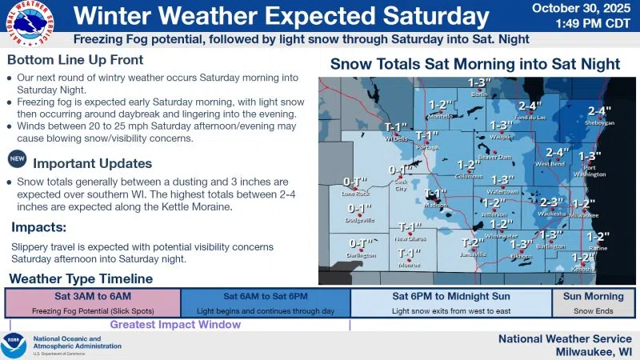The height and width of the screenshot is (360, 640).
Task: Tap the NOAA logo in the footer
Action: (14, 345)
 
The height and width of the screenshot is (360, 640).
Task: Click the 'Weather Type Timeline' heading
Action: (80, 278)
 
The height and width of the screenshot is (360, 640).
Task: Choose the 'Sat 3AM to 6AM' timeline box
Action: (92, 302)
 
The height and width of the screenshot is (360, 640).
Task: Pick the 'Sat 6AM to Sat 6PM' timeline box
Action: (265, 302)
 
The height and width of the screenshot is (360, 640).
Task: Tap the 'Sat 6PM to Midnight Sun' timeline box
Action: (451, 302)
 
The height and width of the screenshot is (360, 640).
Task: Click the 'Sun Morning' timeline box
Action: (593, 302)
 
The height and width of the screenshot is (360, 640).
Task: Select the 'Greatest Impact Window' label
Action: (175, 325)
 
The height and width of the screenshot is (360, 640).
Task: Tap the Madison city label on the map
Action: (435, 205)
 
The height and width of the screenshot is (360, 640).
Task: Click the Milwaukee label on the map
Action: (584, 215)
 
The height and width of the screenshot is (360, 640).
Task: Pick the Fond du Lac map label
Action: (529, 118)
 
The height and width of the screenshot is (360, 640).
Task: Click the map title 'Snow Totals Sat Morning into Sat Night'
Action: (475, 64)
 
